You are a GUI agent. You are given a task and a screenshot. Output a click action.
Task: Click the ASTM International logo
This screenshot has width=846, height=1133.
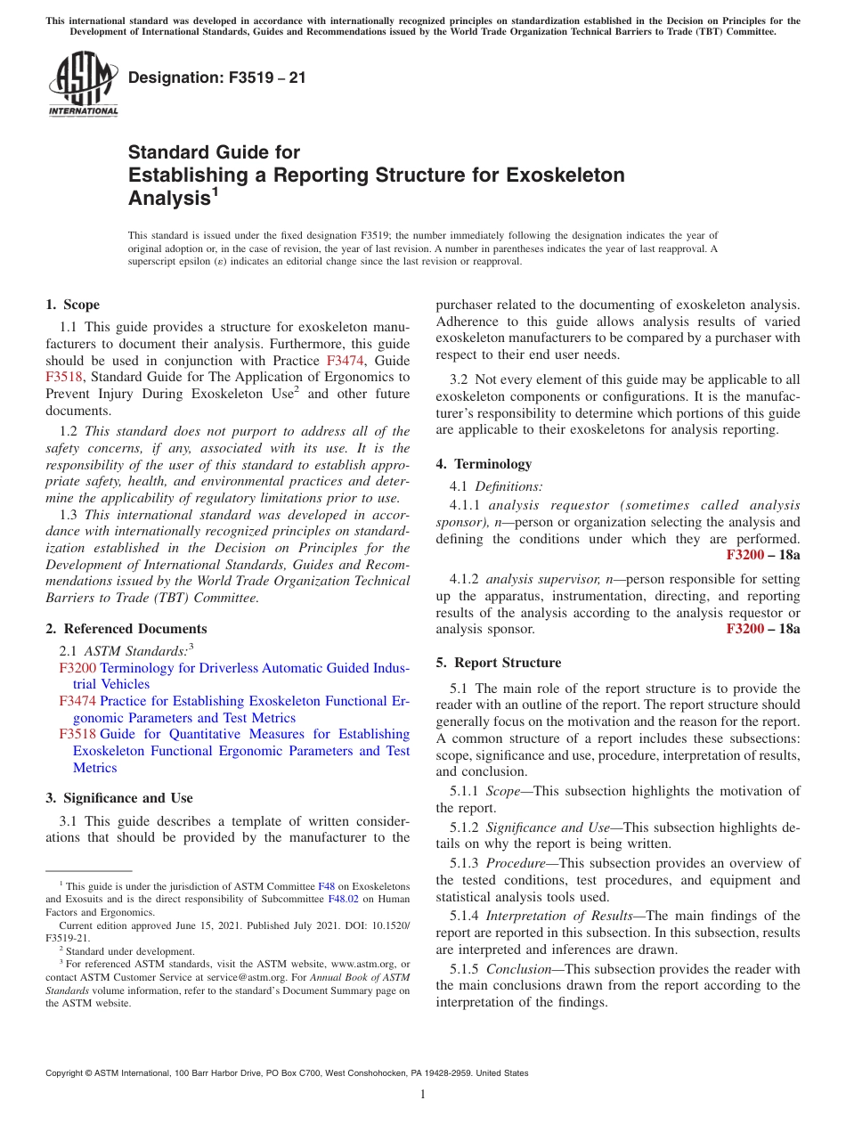83,84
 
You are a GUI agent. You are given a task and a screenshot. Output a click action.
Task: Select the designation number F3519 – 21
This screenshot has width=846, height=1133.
216,77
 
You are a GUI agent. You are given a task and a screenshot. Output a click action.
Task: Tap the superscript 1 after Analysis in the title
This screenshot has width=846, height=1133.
215,192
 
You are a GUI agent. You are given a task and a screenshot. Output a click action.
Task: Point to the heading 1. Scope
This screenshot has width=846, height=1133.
72,305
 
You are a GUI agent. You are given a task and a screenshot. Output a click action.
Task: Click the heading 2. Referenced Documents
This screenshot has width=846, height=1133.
126,629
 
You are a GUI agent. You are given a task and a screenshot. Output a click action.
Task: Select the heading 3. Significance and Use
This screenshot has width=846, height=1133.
118,798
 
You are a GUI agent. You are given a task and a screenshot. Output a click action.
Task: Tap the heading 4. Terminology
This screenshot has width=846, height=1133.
484,464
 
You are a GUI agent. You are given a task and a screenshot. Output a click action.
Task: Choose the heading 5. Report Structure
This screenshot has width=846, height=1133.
498,663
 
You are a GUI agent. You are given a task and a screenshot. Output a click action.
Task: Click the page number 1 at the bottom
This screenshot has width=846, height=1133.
423,1095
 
